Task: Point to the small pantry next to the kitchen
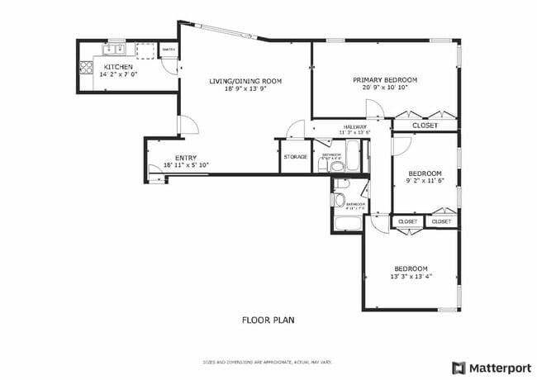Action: coord(168,51)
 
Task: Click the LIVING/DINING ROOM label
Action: coord(245,81)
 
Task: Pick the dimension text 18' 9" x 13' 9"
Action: coord(245,88)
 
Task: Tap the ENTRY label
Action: coord(185,158)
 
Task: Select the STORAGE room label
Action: coord(295,157)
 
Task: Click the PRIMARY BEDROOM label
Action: coord(385,80)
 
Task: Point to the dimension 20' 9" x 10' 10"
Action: coord(385,88)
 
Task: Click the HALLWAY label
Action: coord(354,126)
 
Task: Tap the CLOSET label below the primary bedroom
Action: coord(425,126)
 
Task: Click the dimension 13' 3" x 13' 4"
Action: coord(411,277)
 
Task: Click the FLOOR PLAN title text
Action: coord(268,320)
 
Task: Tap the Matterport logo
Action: coord(492,367)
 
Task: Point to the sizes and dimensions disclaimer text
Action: coord(268,362)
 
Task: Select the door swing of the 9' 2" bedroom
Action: coord(401,145)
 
